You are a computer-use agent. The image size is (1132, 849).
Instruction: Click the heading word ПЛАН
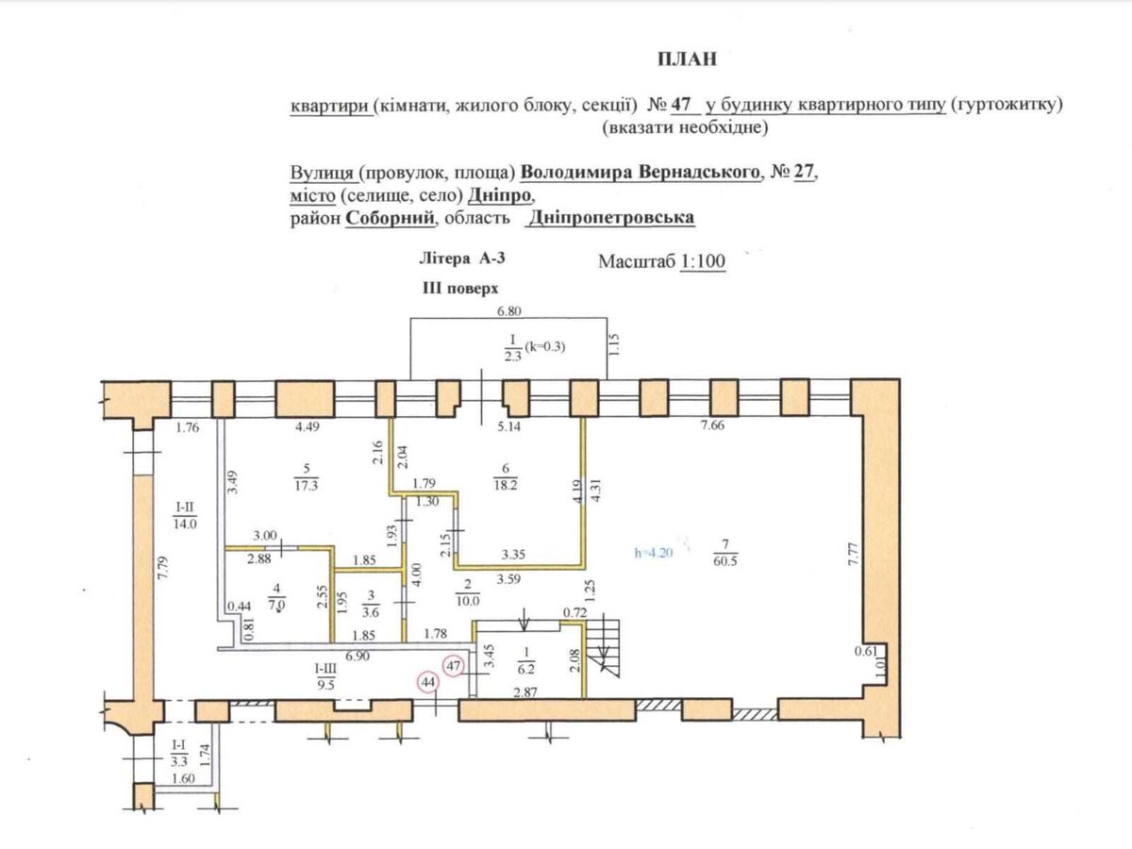687,59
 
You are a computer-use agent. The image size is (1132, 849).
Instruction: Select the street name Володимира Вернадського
641,175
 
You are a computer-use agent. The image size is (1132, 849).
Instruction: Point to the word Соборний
391,218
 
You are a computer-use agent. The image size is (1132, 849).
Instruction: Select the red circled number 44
429,681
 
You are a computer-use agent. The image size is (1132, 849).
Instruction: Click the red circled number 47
455,666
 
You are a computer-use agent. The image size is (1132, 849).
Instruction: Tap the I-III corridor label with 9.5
324,675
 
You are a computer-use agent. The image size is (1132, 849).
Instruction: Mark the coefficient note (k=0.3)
547,346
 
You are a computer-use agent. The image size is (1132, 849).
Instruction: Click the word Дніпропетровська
612,218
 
